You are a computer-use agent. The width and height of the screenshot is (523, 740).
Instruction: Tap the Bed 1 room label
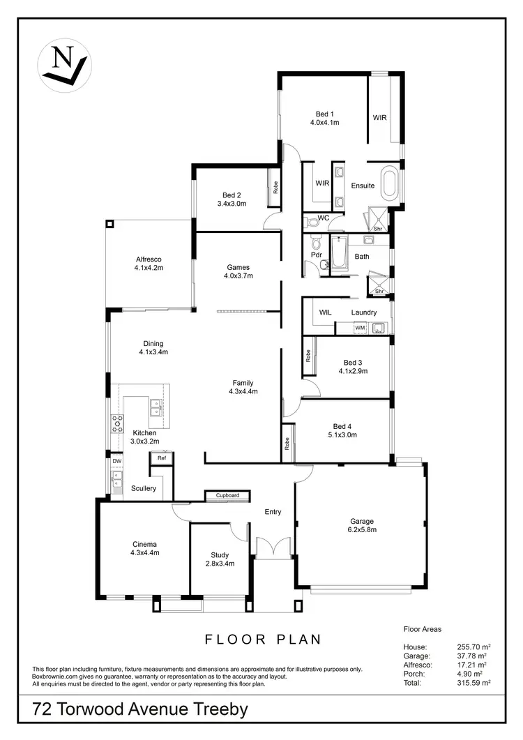pyautogui.click(x=325, y=114)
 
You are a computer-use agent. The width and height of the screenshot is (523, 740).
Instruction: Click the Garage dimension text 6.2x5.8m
pyautogui.click(x=363, y=530)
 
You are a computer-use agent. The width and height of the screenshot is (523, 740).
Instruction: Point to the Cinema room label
pyautogui.click(x=145, y=544)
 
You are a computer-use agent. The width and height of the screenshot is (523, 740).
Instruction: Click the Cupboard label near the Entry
pyautogui.click(x=227, y=495)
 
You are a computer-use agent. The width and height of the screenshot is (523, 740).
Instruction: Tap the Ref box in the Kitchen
pyautogui.click(x=161, y=458)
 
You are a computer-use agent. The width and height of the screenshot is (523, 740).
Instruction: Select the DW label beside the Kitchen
pyautogui.click(x=116, y=461)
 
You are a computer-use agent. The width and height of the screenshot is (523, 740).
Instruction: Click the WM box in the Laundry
pyautogui.click(x=360, y=327)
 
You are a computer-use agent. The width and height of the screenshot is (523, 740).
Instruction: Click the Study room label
pyautogui.click(x=220, y=555)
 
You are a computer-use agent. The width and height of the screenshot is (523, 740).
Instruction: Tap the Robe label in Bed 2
pyautogui.click(x=276, y=187)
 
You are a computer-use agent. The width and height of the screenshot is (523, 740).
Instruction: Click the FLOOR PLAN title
pyautogui.click(x=262, y=638)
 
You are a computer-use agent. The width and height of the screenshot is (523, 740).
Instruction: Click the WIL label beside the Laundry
pyautogui.click(x=326, y=312)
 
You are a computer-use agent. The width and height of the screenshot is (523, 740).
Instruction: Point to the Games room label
pyautogui.click(x=238, y=267)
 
